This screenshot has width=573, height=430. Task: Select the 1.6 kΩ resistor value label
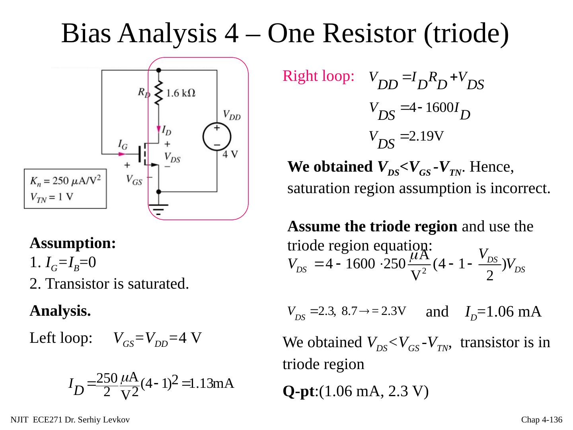180,93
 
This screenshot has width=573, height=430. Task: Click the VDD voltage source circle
217,136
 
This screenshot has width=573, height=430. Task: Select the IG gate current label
123,144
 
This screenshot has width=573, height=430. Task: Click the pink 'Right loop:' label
318,76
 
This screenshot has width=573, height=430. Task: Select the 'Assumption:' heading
73,243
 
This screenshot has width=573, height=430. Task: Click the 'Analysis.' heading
60,311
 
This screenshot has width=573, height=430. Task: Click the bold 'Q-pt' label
298,392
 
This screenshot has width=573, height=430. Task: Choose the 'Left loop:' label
61,338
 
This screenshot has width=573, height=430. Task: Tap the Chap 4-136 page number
542,420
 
